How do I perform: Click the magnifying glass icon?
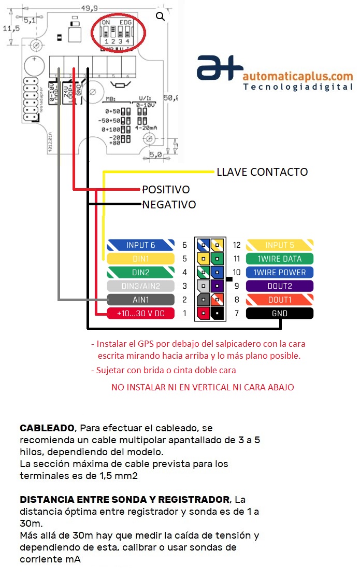pos(161,17)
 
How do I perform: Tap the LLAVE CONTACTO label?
pos(262,172)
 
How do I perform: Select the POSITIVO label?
pos(166,190)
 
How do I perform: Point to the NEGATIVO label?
pos(169,205)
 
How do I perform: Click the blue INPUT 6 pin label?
pos(140,245)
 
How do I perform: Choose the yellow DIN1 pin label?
pos(140,259)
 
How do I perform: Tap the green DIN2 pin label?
pos(140,272)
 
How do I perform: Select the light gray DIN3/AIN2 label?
pos(140,286)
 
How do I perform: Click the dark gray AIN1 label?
pos(140,300)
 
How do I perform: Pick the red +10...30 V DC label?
pos(140,313)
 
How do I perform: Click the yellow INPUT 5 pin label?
pos(279,245)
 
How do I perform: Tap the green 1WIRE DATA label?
pos(279,259)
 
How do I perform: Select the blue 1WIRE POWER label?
pos(279,272)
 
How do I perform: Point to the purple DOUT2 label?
pos(279,286)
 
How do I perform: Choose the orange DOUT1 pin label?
pos(279,300)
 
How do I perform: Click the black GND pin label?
pos(279,313)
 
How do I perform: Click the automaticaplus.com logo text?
pos(297,77)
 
